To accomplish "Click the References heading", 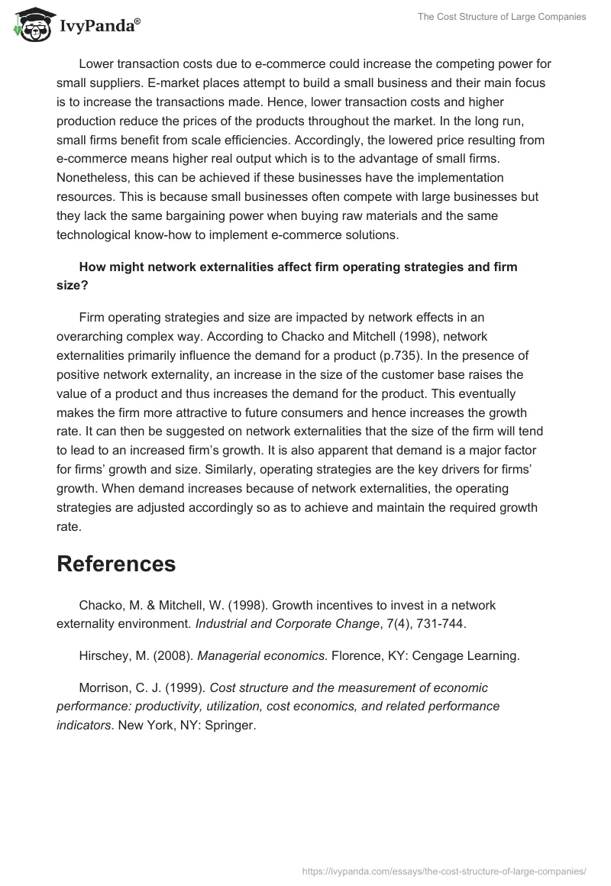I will pos(116,564).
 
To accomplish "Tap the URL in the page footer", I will pos(445,870).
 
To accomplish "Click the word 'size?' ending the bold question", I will pos(72,286).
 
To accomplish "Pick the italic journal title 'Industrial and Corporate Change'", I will pos(287,624).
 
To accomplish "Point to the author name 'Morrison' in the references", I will pos(105,687).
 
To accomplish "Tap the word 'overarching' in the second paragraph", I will pos(92,336).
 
